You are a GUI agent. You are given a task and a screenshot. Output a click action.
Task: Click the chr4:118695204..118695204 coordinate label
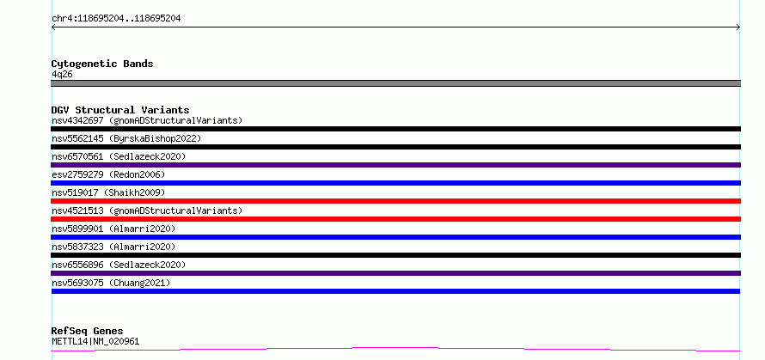point(116,19)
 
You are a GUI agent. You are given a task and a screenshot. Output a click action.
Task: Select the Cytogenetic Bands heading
point(102,64)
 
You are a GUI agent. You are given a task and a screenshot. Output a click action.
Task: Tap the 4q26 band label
point(63,75)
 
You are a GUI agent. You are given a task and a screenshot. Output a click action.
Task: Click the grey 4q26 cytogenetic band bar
point(395,83)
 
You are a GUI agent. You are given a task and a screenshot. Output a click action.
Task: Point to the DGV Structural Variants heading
point(120,110)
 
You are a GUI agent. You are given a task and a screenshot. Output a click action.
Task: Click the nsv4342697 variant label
point(147,120)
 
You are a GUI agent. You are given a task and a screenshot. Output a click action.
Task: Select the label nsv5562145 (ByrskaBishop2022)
point(126,138)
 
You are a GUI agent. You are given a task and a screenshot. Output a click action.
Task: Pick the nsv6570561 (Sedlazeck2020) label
point(119,156)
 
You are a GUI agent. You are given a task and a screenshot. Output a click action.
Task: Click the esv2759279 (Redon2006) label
point(108,174)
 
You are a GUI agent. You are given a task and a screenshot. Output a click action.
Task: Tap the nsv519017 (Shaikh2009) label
point(108,192)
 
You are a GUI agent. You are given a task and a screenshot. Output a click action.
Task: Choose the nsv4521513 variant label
point(147,211)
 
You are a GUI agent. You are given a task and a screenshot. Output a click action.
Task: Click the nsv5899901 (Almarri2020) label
point(113,229)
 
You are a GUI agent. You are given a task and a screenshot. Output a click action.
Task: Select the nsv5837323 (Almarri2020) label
point(113,247)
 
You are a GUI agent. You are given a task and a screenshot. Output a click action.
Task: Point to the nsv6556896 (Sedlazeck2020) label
point(119,265)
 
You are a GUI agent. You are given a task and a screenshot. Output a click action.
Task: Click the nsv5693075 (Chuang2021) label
point(111,283)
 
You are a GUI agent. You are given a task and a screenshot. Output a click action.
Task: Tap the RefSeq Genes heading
point(87,332)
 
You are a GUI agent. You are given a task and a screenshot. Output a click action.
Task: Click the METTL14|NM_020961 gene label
point(95,342)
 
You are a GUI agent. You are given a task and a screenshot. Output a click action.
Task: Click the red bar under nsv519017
point(395,201)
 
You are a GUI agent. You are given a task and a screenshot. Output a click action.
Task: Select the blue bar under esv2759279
point(395,183)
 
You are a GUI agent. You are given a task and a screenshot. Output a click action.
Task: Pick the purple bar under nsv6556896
point(395,273)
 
